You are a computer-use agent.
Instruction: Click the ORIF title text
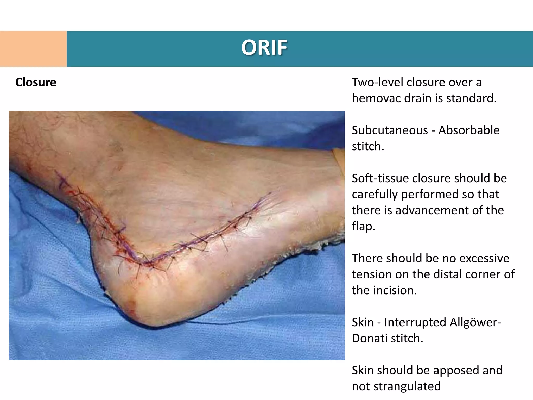tap(264, 48)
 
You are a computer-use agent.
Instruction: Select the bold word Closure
tap(36, 82)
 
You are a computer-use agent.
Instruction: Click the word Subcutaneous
tap(390, 130)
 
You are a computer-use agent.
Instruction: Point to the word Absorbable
tap(469, 130)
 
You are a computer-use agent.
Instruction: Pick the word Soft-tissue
tap(380, 178)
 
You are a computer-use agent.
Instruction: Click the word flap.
tap(363, 226)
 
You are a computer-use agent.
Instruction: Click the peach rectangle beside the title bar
tap(33, 49)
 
